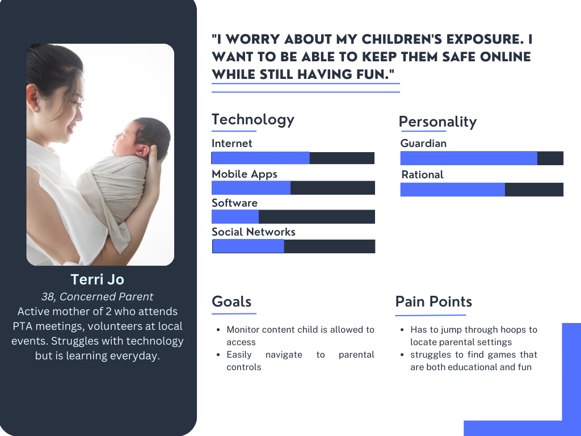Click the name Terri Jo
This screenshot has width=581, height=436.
(98, 279)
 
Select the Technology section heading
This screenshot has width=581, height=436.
(253, 120)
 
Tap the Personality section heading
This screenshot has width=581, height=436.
(437, 121)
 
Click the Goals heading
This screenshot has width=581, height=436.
(231, 301)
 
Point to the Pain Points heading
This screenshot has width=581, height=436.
(433, 301)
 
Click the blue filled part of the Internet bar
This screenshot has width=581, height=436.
(260, 158)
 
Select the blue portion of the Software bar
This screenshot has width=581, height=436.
(235, 216)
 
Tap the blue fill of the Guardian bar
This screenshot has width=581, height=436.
(469, 158)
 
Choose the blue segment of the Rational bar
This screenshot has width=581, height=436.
(452, 190)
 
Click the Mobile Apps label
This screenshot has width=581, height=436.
(245, 174)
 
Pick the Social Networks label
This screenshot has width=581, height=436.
(254, 232)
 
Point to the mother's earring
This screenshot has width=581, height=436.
(37, 109)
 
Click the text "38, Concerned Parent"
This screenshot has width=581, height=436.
(98, 296)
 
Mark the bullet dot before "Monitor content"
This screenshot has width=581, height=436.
(218, 330)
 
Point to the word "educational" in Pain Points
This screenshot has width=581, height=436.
(469, 367)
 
